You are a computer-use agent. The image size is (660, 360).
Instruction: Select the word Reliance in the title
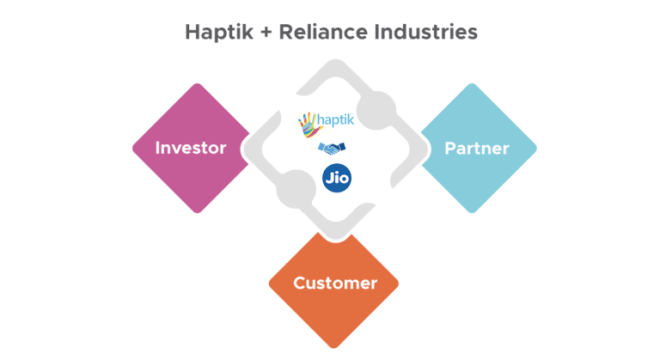point(327,33)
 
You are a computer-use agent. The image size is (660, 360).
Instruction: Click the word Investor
point(191,148)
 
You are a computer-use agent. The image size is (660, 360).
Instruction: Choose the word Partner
point(476,148)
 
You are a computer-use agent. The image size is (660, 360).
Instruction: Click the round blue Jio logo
point(335,178)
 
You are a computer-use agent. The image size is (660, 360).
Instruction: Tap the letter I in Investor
point(157,148)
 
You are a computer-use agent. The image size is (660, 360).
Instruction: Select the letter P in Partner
point(449,148)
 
